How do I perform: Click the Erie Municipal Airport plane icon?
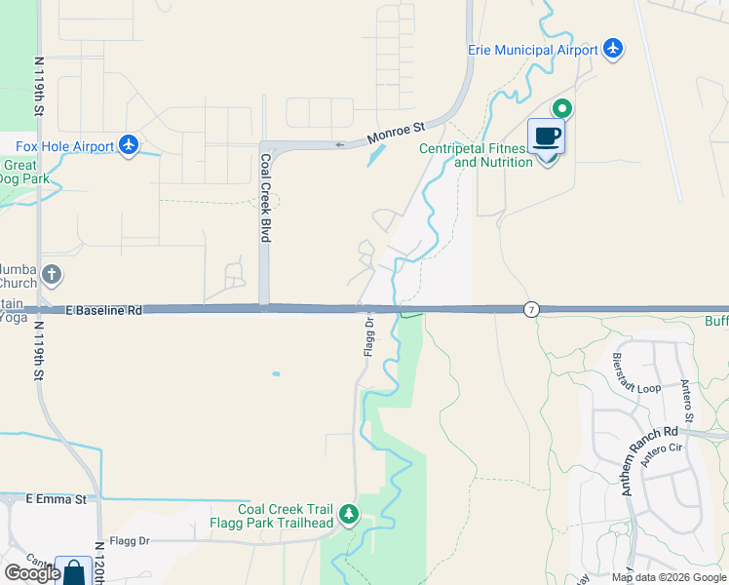tap(613, 48)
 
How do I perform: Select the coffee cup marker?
tap(546, 136)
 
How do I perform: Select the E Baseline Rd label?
tap(104, 309)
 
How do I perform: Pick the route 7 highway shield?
tap(531, 309)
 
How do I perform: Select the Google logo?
tap(31, 572)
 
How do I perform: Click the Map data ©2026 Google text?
tap(669, 576)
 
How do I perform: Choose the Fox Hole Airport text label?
tap(64, 146)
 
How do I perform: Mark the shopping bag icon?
tap(74, 572)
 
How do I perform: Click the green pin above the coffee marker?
tap(562, 109)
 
